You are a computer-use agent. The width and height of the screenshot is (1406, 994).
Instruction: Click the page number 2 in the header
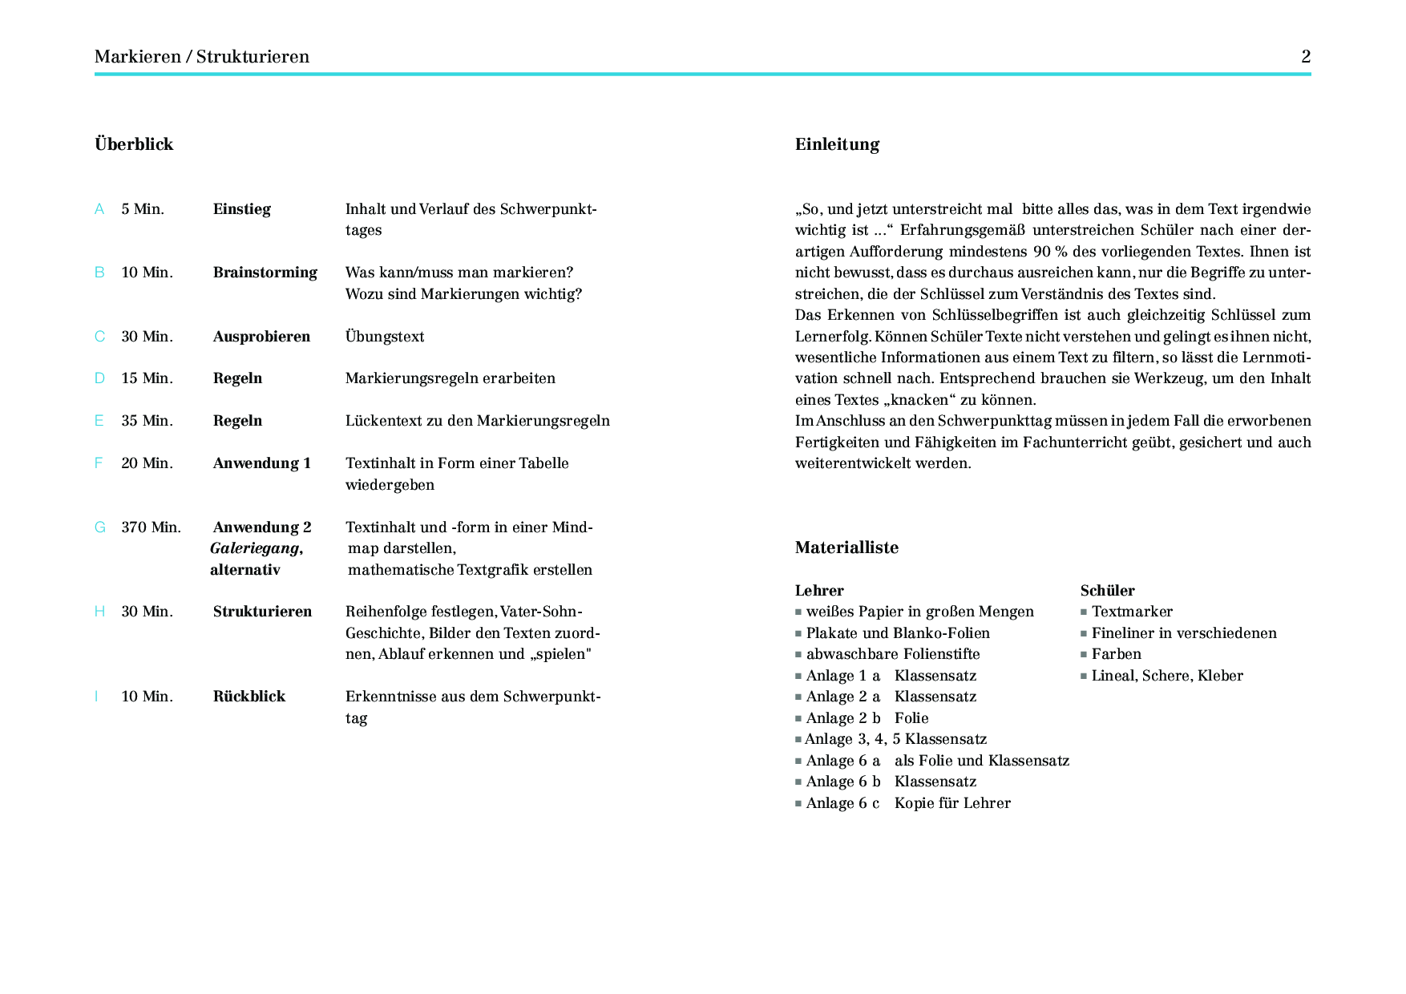(x=1306, y=56)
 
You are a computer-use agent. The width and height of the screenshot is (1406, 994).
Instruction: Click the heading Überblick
(x=134, y=144)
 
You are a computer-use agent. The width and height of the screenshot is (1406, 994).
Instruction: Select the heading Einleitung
(x=837, y=144)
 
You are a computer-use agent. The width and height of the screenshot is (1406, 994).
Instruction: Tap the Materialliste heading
(x=846, y=548)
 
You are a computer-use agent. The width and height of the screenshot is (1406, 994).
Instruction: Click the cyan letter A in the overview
(x=99, y=209)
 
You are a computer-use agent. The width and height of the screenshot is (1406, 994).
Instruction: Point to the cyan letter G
(x=100, y=527)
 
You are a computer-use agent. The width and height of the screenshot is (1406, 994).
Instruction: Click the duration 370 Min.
(x=151, y=527)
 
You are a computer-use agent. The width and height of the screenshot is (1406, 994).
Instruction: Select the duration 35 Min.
(x=147, y=421)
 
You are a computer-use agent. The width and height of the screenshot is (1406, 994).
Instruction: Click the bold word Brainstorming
(x=265, y=273)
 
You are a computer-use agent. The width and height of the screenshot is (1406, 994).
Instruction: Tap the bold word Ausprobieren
(x=261, y=337)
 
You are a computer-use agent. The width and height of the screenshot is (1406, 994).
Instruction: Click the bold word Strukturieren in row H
(x=262, y=612)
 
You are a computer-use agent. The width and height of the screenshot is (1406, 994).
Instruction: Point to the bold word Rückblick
(x=248, y=697)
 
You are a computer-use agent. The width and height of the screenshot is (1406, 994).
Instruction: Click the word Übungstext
(x=385, y=337)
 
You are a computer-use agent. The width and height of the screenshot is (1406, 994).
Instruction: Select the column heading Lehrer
(x=819, y=591)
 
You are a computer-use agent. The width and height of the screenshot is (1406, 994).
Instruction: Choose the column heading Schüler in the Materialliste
(x=1107, y=591)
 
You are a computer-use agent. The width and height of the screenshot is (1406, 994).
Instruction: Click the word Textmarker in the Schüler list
(x=1132, y=612)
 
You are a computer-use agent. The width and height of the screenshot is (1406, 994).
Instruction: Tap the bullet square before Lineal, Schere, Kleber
(x=1084, y=676)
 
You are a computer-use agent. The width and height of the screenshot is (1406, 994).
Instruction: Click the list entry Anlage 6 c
(x=842, y=803)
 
